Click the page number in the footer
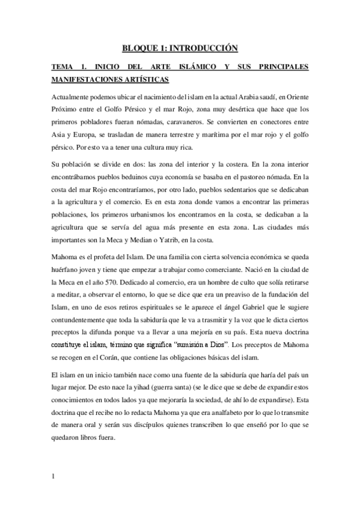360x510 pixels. tap(53, 477)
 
